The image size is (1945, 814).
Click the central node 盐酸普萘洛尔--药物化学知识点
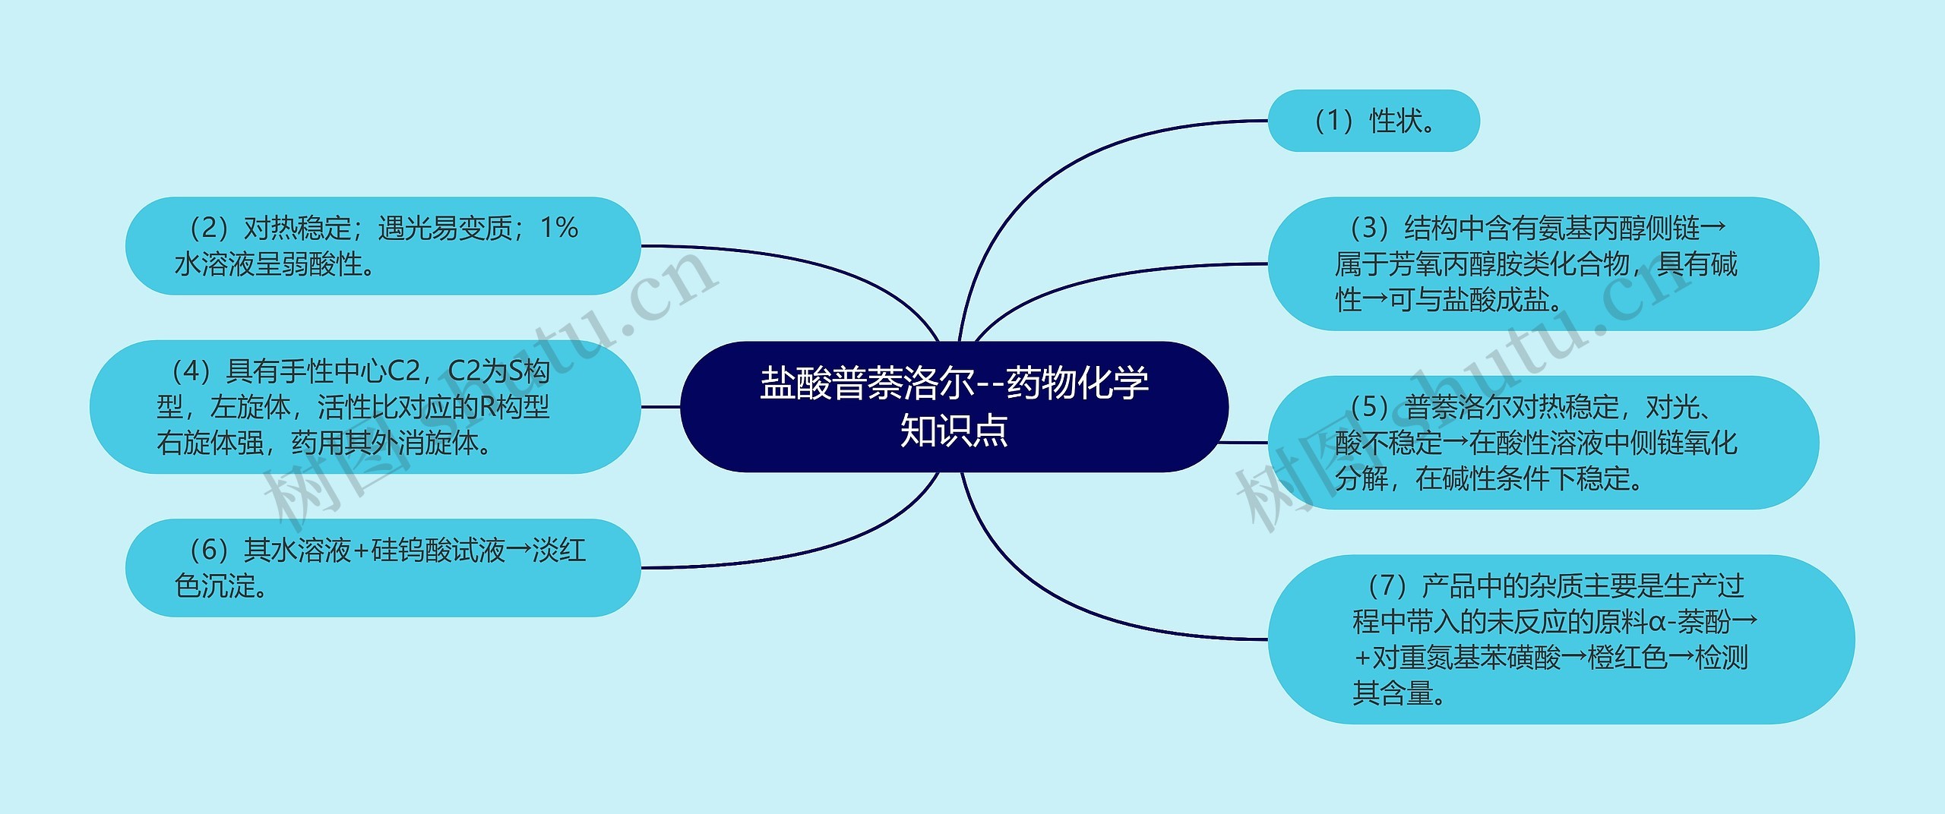point(954,406)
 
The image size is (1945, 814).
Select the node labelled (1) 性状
point(1373,121)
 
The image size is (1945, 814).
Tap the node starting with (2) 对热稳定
point(382,245)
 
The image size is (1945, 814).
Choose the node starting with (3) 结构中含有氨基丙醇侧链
point(1542,263)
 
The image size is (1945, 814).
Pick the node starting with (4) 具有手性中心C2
point(365,406)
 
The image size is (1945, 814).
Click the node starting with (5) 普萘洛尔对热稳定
point(1542,442)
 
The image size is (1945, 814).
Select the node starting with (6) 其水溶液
point(382,567)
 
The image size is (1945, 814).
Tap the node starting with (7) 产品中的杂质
point(1561,639)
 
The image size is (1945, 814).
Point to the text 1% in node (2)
point(559,228)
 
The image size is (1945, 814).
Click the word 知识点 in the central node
point(954,431)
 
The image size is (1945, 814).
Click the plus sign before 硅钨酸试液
point(361,551)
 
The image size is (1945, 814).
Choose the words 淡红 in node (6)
point(559,551)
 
